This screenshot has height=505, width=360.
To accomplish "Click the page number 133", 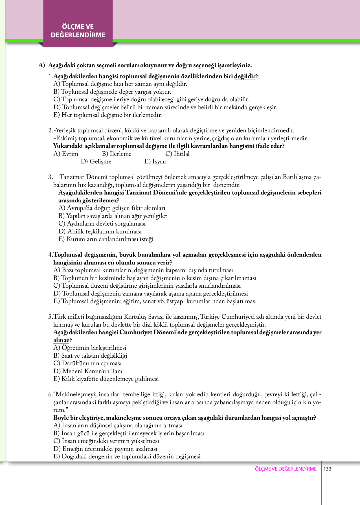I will (327, 469).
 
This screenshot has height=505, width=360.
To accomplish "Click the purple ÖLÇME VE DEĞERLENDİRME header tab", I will (78, 31).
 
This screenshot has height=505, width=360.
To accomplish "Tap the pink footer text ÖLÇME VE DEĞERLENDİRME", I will (286, 469).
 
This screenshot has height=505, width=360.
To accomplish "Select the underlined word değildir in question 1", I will (245, 76).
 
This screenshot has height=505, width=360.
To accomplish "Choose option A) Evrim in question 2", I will (66, 154).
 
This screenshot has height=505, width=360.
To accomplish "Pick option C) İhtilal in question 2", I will (177, 154).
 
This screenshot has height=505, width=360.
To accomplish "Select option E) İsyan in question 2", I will (155, 161).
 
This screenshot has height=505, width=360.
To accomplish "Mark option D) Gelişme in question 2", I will (96, 161).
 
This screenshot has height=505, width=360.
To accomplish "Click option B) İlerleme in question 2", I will (117, 154).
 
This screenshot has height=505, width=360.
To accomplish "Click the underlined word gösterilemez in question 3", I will (99, 200).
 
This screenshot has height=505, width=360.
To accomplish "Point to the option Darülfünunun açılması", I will (87, 363).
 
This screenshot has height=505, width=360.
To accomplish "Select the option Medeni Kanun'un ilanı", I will (88, 371).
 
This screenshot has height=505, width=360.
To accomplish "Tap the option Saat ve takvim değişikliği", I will (90, 356).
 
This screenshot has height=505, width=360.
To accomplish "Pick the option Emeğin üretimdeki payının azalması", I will (105, 449).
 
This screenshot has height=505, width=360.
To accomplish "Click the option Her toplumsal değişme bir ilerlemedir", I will (107, 115).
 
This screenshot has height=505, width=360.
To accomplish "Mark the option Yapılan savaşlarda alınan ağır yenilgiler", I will (113, 216).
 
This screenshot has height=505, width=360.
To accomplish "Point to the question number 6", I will (50, 394).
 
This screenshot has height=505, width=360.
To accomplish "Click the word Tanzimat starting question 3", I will (72, 177).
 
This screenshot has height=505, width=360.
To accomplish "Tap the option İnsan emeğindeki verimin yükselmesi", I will (106, 441).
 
